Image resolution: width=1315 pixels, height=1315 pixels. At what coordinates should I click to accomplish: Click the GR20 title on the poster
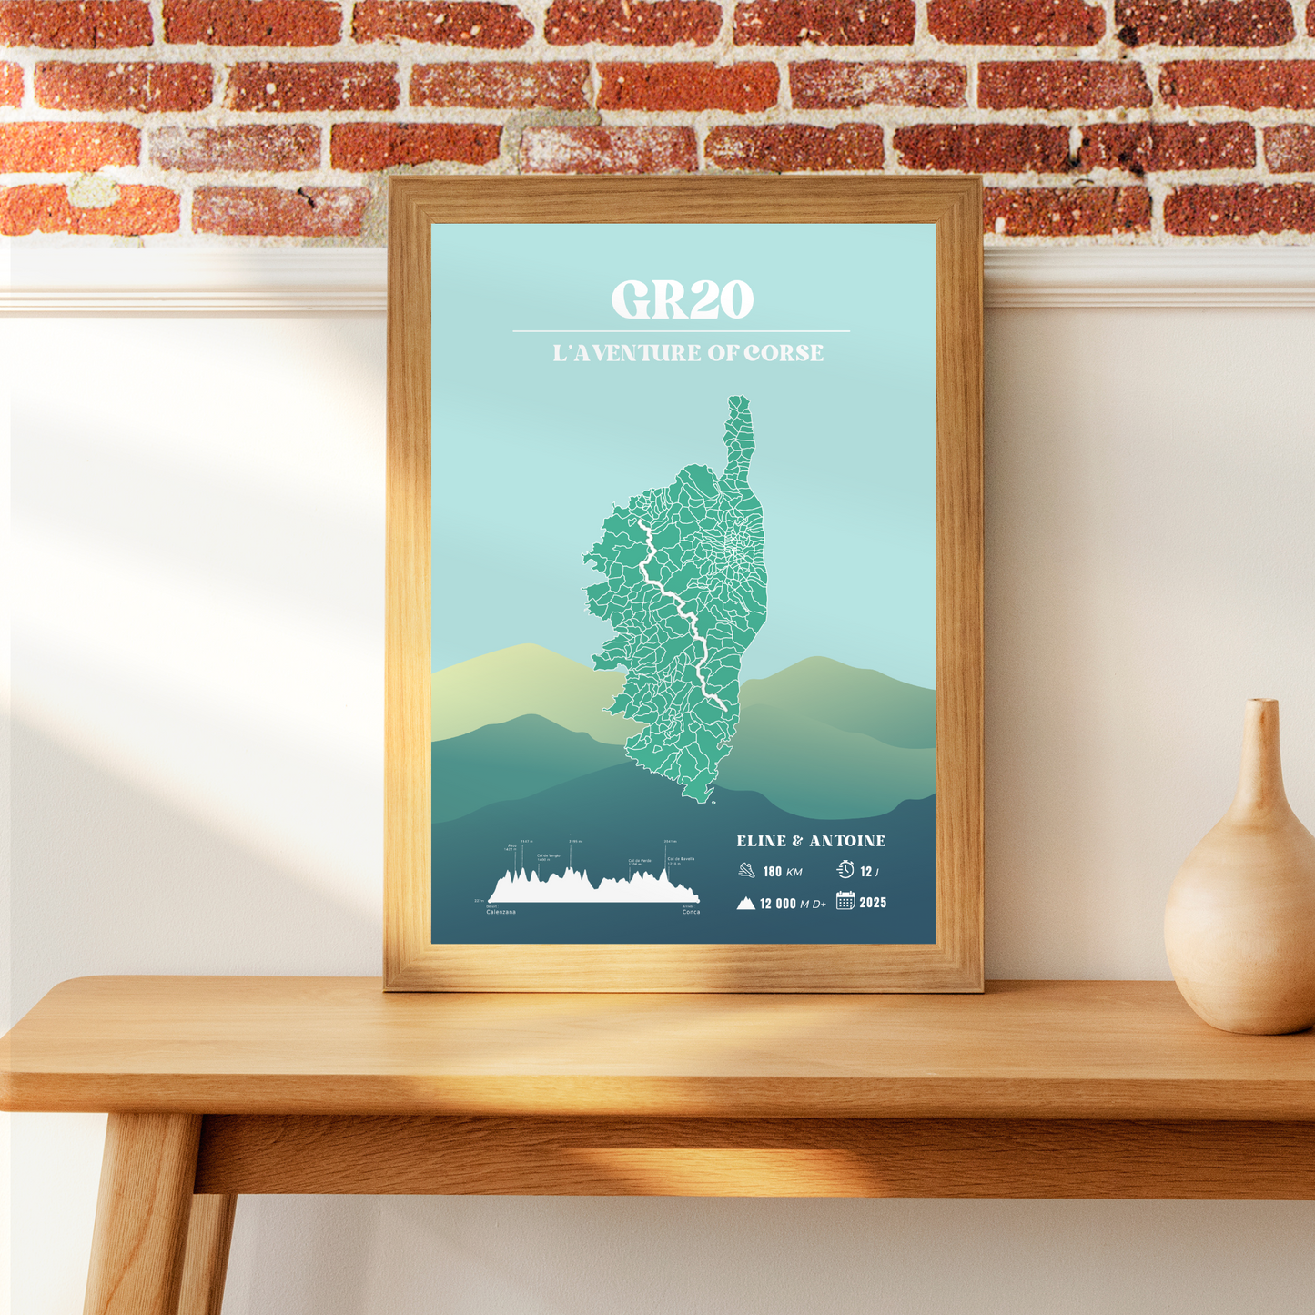683,299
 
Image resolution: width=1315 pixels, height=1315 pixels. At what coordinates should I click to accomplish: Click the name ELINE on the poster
762,841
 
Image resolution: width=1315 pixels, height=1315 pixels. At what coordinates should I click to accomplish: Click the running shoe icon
747,871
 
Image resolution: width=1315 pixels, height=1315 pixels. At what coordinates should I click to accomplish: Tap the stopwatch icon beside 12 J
845,870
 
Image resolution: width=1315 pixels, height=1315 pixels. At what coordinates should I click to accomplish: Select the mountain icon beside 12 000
746,904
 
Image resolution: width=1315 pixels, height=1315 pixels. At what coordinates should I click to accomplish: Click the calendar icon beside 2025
845,901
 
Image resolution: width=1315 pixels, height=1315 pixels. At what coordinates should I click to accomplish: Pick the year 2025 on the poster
873,903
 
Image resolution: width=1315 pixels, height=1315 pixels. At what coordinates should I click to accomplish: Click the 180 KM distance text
783,872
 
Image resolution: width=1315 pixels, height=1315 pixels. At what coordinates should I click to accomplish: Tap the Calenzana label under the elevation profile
501,912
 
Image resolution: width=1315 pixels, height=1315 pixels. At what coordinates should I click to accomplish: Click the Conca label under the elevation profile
691,912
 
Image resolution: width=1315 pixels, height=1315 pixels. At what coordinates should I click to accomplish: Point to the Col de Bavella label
681,859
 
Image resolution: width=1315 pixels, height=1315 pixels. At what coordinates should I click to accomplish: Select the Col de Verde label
639,861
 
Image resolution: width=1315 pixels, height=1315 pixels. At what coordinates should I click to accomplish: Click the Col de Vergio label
548,856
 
